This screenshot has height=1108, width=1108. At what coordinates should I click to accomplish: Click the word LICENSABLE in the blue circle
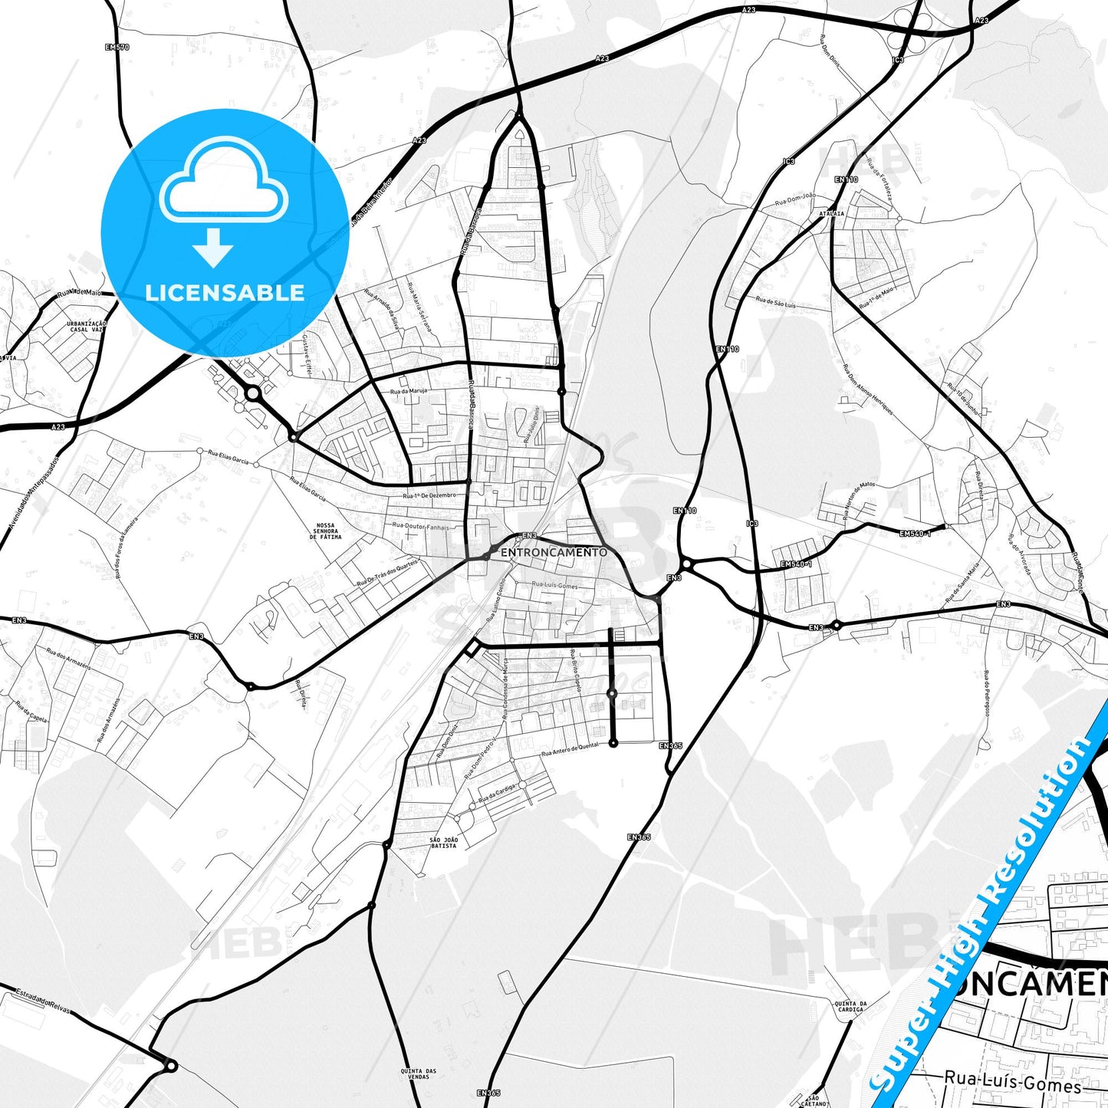pyautogui.click(x=225, y=292)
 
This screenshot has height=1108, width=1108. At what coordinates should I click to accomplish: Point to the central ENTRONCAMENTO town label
pyautogui.click(x=554, y=552)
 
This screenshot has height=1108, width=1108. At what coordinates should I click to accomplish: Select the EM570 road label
pyautogui.click(x=117, y=47)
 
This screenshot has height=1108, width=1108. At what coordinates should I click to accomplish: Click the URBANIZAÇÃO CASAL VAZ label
pyautogui.click(x=86, y=327)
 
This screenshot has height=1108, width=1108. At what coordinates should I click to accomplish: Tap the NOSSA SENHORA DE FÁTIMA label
pyautogui.click(x=326, y=531)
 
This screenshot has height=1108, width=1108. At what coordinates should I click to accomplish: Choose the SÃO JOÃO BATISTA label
pyautogui.click(x=444, y=842)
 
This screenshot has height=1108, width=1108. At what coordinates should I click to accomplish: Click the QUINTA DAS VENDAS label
pyautogui.click(x=418, y=1073)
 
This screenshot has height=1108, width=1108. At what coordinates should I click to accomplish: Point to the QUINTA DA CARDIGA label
pyautogui.click(x=851, y=1006)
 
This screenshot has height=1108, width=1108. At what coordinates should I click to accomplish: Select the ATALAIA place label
pyautogui.click(x=831, y=214)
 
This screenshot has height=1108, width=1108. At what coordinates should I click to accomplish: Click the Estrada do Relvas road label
pyautogui.click(x=41, y=1000)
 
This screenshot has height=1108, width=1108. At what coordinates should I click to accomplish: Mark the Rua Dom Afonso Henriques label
pyautogui.click(x=867, y=390)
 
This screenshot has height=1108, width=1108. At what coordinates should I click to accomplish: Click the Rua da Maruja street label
pyautogui.click(x=408, y=391)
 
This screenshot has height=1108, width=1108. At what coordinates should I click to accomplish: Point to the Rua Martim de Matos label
pyautogui.click(x=859, y=500)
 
